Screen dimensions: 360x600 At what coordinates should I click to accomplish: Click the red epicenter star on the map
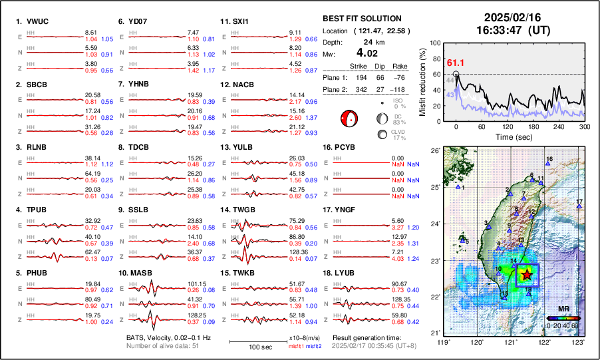(x=527, y=274)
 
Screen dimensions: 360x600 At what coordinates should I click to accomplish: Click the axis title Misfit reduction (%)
(x=423, y=82)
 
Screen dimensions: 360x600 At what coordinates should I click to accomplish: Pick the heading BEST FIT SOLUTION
(x=361, y=19)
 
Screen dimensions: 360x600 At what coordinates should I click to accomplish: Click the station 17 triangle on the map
(x=579, y=207)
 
